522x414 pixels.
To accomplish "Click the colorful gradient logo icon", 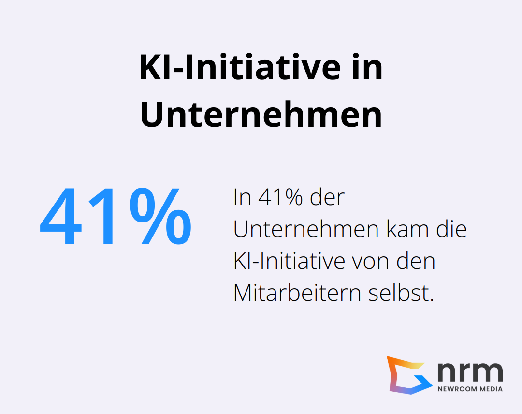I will pyautogui.click(x=407, y=375).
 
